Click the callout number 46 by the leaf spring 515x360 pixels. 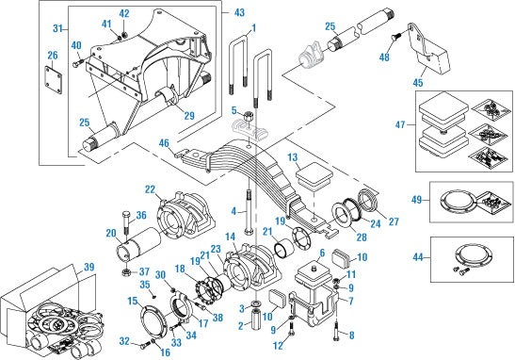(165, 143)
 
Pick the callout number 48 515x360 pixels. (384, 57)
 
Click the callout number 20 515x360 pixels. (112, 232)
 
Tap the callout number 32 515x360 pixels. (124, 340)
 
